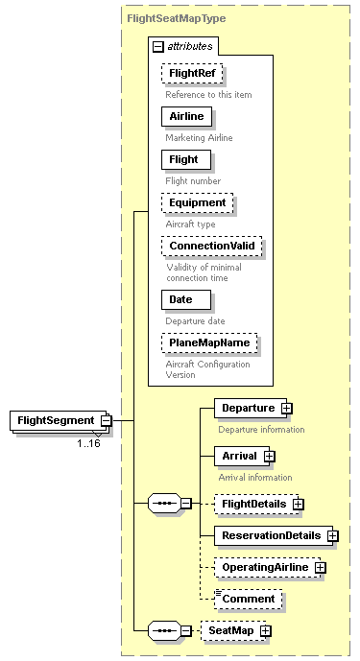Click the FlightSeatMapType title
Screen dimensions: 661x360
[x=177, y=17]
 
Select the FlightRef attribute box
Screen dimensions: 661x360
[x=192, y=74]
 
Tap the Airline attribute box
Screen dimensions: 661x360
[x=186, y=117]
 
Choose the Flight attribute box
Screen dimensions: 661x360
[x=185, y=160]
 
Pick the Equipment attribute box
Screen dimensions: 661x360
[x=197, y=203]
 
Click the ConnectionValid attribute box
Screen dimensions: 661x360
[x=211, y=246]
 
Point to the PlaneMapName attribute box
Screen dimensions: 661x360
[x=211, y=342]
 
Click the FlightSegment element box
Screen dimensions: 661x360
[x=56, y=420]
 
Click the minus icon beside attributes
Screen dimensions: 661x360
[x=158, y=46]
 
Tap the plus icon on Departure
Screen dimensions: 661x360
[x=287, y=409]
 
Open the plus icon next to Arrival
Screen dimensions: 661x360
[x=270, y=457]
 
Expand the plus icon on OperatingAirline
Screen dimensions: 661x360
[x=321, y=568]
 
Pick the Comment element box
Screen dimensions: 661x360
[x=249, y=600]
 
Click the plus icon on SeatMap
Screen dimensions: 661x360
[x=265, y=631]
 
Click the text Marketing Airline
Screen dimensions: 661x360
[x=200, y=138]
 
